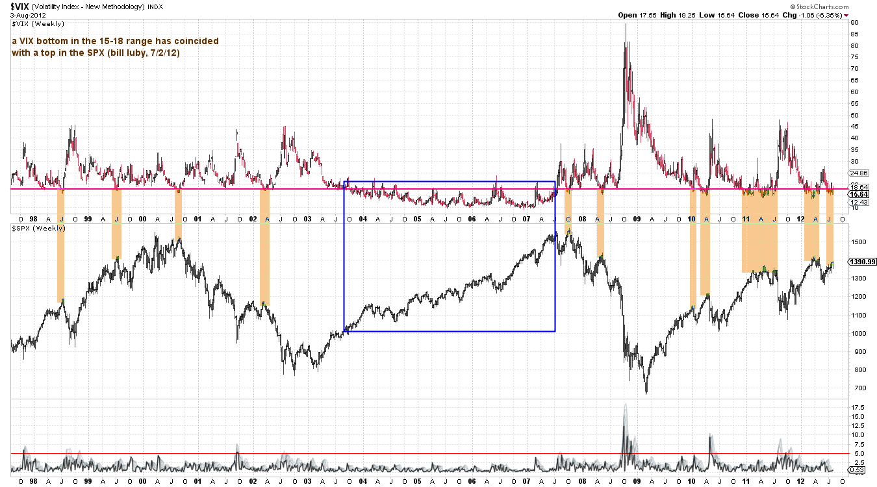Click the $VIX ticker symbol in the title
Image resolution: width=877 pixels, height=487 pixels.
[x=19, y=6]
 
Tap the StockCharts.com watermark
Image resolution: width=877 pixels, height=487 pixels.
[x=819, y=6]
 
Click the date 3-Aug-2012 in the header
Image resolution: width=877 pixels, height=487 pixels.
[x=28, y=16]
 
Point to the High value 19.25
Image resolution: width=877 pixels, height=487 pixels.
[x=678, y=16]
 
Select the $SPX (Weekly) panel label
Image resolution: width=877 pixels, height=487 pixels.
[x=38, y=228]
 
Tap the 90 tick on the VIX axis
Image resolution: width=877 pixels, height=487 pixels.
[x=854, y=23]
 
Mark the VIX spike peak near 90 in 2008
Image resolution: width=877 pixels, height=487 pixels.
[x=626, y=24]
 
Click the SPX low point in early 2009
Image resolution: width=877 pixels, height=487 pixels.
[x=646, y=393]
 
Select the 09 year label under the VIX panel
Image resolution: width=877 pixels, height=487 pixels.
[x=637, y=219]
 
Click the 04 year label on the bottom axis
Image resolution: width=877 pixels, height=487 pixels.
[x=362, y=481]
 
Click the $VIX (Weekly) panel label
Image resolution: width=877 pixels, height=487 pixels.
[x=38, y=24]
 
